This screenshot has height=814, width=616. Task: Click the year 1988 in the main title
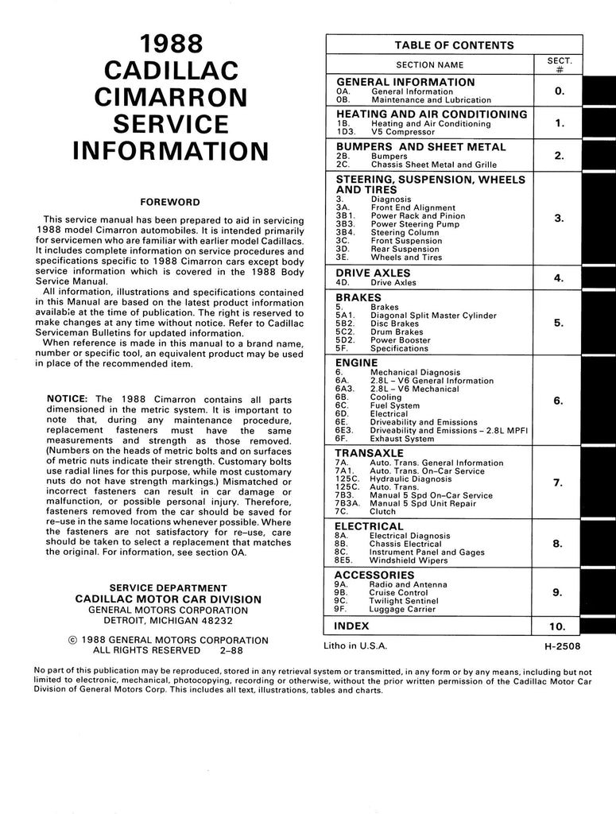[x=171, y=44]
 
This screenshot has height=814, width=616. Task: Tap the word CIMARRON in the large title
[x=171, y=97]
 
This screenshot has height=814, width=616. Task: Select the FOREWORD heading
[x=170, y=203]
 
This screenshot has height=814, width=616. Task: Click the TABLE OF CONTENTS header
[x=454, y=45]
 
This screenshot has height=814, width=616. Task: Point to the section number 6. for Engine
[x=558, y=401]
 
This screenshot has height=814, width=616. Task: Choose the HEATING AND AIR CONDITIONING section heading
[x=432, y=114]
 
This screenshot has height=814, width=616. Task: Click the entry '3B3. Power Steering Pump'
[x=393, y=224]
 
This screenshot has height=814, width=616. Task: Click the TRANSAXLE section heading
[x=371, y=453]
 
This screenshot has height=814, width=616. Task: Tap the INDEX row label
[x=353, y=626]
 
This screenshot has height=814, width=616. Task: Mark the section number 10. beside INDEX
[x=558, y=626]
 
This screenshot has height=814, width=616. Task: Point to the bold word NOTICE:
[x=69, y=398]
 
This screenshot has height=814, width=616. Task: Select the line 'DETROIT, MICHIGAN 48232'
[x=168, y=622]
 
